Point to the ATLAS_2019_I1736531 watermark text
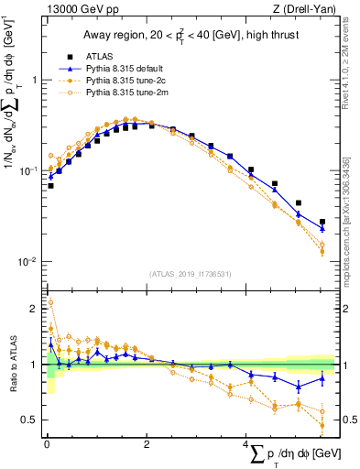(191, 273)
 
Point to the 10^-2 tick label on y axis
(27, 262)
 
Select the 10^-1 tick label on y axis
(27, 170)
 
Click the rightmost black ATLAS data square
(322, 222)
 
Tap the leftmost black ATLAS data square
(50, 186)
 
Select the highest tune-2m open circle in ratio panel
(50, 302)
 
